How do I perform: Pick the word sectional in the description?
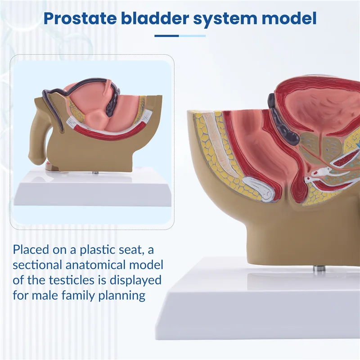[41, 265]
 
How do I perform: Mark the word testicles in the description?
[76, 280]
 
